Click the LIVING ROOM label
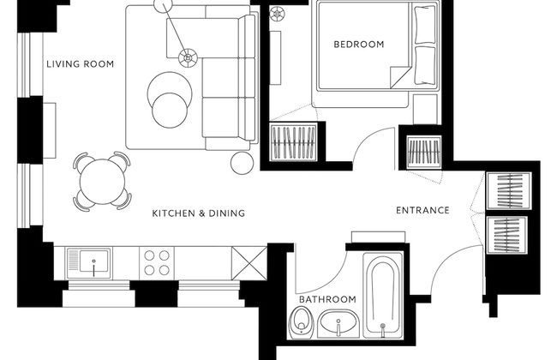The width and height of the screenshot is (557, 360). click(x=81, y=64)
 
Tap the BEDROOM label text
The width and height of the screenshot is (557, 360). click(x=359, y=45)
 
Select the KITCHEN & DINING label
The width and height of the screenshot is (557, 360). click(x=199, y=213)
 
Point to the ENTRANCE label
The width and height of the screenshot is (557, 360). click(x=422, y=210)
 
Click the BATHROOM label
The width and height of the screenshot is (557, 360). click(x=327, y=299)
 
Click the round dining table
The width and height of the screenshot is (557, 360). click(x=102, y=182)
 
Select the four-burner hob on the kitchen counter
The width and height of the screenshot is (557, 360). click(x=157, y=263)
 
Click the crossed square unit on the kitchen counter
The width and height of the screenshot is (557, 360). click(x=249, y=263)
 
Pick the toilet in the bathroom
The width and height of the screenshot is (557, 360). click(x=301, y=322)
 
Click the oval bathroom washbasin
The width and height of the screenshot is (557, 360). click(x=338, y=322)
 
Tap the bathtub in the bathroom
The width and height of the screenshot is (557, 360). click(x=382, y=295)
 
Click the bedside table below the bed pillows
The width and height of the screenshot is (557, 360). click(x=425, y=109)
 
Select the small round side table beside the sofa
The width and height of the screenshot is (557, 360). click(x=242, y=163)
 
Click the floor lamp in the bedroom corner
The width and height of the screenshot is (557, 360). click(x=277, y=15)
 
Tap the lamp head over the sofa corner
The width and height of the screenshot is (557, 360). click(x=188, y=57)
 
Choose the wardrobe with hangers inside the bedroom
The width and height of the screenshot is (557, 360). click(x=293, y=142)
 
